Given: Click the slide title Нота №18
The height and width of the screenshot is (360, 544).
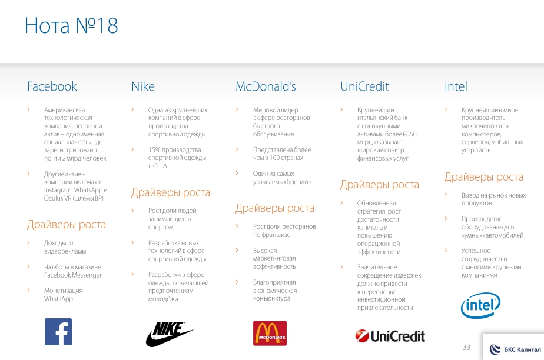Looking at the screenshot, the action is pos(71,25).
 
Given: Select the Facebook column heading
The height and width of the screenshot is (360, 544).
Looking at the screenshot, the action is pos(52,86).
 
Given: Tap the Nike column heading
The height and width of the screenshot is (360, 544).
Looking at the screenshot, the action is pos(143,86).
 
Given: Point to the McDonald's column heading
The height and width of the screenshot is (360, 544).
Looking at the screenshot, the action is pos(266,86).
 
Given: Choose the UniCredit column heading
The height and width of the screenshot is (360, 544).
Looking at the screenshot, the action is pos(364,86).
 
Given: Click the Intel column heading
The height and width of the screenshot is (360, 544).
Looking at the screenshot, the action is pos(456,86).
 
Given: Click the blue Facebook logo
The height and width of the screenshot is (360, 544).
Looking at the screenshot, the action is pos(58,332).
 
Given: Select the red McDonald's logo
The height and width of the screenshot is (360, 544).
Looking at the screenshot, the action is pos(270,333).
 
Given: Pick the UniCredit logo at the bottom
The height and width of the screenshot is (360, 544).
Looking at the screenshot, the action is pos(390,336).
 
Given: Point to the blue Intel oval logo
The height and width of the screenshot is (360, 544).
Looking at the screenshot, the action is pos(480,305).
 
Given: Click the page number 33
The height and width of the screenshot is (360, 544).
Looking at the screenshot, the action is pos(467,347).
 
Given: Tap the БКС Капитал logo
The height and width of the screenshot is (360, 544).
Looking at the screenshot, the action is pos(515,349).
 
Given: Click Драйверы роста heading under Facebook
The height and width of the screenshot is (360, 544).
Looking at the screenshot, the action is pos(67,225).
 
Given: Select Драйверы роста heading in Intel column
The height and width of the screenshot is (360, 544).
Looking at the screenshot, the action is pos(483,176).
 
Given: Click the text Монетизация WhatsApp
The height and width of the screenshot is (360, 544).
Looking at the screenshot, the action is pos(63,295).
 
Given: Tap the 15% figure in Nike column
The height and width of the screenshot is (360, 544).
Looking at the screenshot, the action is pos(155,149).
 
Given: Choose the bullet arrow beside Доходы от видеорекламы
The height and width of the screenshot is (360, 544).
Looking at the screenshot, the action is pos(28,242).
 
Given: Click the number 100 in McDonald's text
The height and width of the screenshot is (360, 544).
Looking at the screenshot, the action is pos(274,158).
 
